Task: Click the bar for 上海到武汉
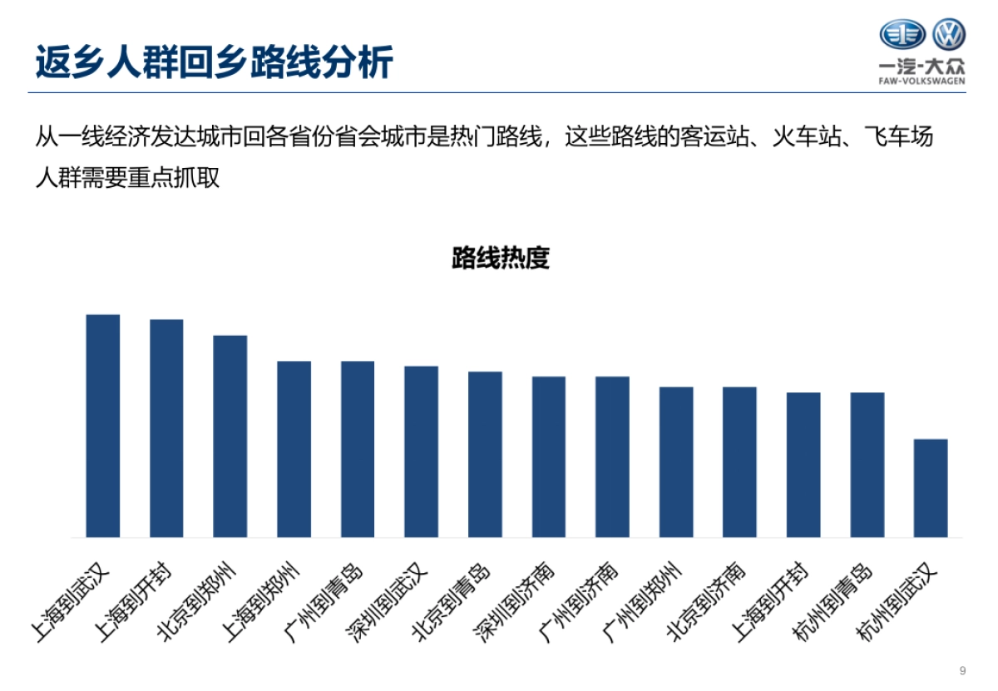coord(103,426)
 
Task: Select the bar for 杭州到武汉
coord(931,488)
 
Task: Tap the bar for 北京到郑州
coord(230,436)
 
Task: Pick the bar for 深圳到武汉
coord(421,452)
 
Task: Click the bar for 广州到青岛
coord(358,449)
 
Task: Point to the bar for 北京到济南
coord(739,461)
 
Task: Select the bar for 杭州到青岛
coord(867,464)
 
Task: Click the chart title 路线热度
coord(501,258)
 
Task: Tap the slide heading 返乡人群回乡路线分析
coord(214,62)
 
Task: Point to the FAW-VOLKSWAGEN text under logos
coord(921,81)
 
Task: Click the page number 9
coord(963,671)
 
